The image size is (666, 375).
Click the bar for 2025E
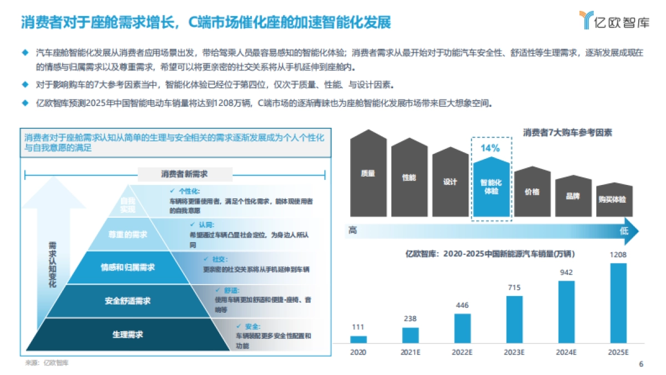click(x=618, y=303)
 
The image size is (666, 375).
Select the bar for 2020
click(x=358, y=339)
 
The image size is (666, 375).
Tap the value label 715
click(x=514, y=288)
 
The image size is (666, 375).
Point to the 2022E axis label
click(x=462, y=352)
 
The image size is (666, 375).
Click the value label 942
click(x=566, y=273)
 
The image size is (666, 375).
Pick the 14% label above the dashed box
click(x=490, y=148)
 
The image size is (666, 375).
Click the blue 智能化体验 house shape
click(x=491, y=189)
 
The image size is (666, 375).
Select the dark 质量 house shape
click(x=368, y=173)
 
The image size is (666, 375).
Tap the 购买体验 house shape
click(x=612, y=200)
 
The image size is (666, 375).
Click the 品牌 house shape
click(x=573, y=196)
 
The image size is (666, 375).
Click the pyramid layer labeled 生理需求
click(x=128, y=334)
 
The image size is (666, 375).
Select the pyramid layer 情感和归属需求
click(x=128, y=267)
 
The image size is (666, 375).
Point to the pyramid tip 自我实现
click(x=128, y=204)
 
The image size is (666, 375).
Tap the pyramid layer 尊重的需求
click(x=128, y=234)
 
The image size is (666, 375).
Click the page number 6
click(x=641, y=364)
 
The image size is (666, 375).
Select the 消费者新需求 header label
click(x=176, y=174)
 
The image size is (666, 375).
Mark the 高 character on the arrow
click(x=353, y=230)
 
